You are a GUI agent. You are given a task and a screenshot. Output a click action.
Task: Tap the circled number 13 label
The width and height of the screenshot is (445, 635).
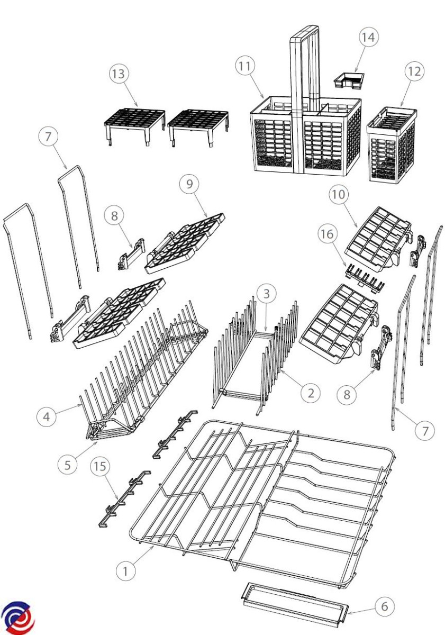[119, 74]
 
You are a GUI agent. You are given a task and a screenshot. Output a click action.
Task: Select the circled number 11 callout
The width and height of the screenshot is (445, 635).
[245, 66]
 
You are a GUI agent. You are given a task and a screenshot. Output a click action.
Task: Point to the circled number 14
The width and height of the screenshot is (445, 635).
[369, 38]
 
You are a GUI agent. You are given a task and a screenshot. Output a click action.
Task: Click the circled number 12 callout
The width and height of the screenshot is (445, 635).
[415, 71]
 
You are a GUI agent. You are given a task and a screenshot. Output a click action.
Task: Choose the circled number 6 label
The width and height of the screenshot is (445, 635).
[384, 606]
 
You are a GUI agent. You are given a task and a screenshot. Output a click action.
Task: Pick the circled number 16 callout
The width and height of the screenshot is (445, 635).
[328, 234]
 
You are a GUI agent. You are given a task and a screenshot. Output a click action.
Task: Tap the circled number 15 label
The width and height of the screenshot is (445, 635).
[100, 467]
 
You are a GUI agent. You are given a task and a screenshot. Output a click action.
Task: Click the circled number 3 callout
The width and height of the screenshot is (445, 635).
[267, 294]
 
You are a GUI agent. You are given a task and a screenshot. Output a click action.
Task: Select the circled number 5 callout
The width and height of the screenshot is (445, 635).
[67, 465]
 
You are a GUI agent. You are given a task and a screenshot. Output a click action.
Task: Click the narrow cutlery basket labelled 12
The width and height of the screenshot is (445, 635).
[392, 144]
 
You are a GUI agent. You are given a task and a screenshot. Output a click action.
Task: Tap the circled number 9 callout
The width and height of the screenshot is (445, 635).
[189, 184]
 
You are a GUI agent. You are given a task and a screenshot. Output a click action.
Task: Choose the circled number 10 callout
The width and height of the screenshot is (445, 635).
[339, 195]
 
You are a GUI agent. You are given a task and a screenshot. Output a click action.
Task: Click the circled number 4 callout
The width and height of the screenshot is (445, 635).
[46, 416]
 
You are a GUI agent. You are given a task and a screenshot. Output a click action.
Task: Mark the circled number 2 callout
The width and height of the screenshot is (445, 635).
[311, 393]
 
